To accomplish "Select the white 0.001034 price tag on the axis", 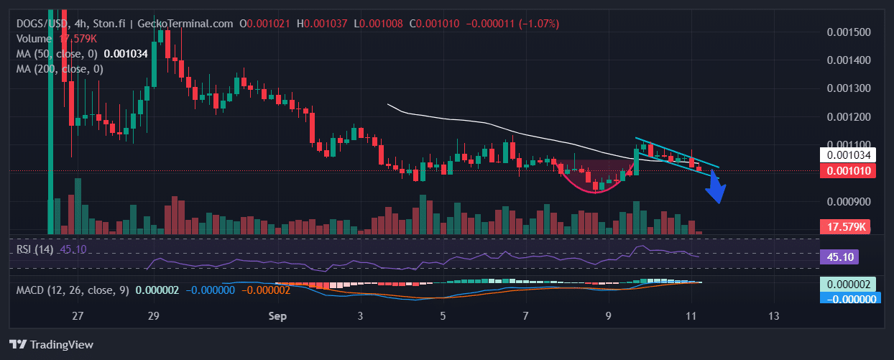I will point(849,154).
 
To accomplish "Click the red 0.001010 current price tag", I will point(849,170).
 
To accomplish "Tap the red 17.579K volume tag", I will point(849,227).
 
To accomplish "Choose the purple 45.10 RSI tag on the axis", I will point(840,257).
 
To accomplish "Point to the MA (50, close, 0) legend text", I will point(57,53).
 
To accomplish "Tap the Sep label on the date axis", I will point(277,316).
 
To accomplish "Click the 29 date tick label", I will point(152,316).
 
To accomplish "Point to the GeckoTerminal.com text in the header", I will point(195,24).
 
